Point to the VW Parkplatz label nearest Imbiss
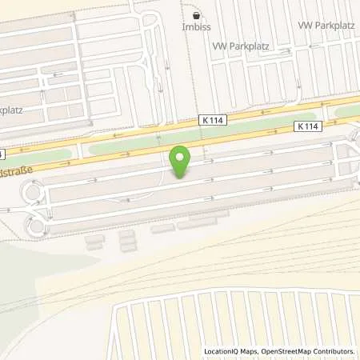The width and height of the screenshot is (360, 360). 241,46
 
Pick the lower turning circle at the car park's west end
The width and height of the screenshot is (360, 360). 36,223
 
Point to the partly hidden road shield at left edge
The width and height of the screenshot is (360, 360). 2,153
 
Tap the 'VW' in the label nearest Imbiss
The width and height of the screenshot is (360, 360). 218,46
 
